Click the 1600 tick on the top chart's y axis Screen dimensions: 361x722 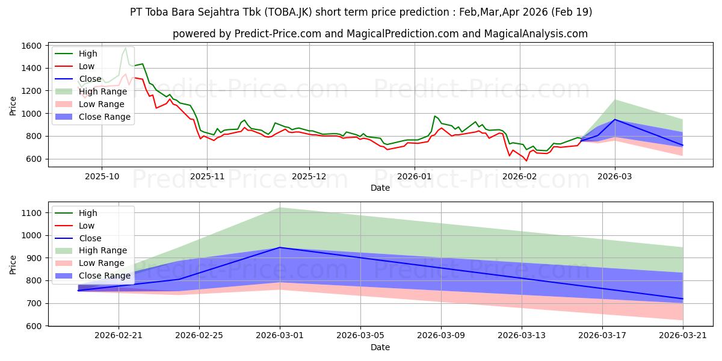pos(31,46)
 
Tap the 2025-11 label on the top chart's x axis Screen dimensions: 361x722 pos(207,176)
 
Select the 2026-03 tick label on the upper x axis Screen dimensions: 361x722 pos(615,176)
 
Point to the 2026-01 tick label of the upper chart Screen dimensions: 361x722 pos(415,176)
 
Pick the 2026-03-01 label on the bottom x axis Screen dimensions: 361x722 pos(280,336)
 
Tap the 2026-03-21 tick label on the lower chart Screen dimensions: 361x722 pos(683,336)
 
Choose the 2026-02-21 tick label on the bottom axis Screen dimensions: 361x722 pos(119,336)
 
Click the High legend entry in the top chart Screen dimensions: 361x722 pos(87,54)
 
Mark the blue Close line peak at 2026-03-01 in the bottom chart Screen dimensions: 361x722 pos(280,247)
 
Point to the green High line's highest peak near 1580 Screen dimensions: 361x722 pos(125,48)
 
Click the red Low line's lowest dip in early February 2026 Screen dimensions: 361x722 pos(526,161)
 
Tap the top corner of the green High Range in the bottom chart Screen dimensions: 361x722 pos(280,208)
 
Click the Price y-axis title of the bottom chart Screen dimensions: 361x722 pos(13,265)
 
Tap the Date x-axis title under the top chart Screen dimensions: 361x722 pos(380,188)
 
